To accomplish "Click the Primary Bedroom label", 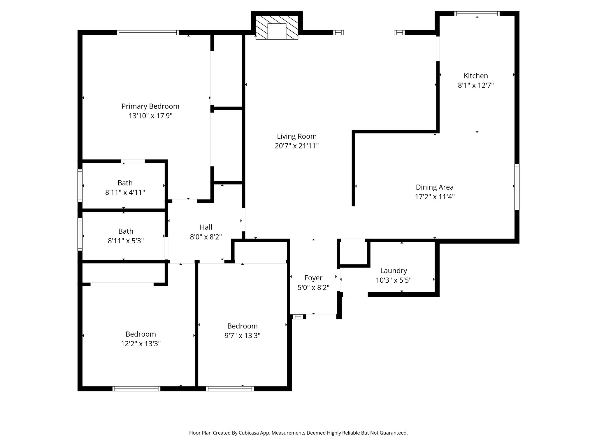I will (150, 106).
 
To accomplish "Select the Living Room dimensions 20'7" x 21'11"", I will (296, 146).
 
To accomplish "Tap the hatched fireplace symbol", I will (277, 28).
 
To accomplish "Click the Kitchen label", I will (476, 76).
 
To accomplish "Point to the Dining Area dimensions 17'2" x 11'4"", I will (435, 197).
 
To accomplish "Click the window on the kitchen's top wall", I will (477, 14).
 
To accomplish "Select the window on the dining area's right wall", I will (517, 187).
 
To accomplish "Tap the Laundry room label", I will (394, 271).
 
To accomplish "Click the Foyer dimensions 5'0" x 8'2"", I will (313, 288).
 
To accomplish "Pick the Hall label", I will (206, 227).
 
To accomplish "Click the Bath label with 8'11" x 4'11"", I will (125, 183).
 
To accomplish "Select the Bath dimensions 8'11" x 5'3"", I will (126, 241).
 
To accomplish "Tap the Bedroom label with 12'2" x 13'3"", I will (141, 334).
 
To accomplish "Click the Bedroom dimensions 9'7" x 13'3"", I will (242, 336).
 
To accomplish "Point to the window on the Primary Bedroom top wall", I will (148, 33).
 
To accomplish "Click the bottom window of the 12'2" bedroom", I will (136, 388).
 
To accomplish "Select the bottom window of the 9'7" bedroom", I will (230, 388).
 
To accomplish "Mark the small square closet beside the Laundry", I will (353, 253).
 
